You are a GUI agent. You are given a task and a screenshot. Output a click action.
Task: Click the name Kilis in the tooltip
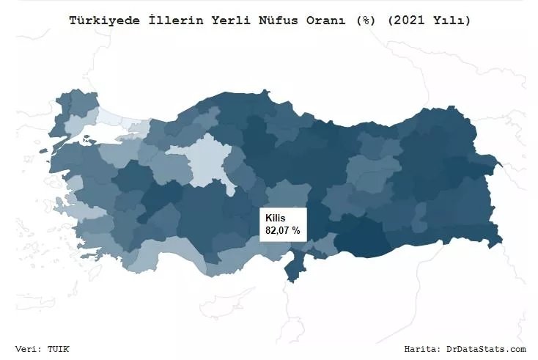275,218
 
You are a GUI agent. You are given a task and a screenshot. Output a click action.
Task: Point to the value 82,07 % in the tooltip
282,230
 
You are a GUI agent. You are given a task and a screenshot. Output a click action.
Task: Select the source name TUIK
59,349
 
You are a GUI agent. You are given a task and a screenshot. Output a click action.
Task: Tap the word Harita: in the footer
421,349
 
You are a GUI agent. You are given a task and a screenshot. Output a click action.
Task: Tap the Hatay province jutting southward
294,268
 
